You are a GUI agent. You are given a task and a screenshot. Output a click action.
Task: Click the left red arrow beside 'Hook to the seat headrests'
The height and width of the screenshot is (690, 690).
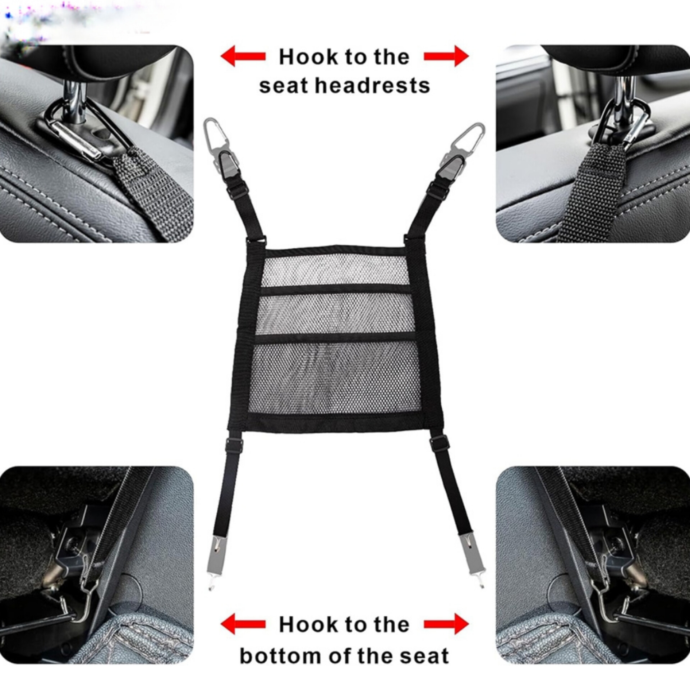click(243, 56)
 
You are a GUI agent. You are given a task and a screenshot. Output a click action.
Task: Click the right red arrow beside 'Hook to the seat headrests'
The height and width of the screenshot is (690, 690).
click(446, 56)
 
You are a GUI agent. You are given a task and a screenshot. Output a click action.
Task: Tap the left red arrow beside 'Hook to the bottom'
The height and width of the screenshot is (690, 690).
click(243, 624)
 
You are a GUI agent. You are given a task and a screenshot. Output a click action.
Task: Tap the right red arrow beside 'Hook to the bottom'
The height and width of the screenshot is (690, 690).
click(446, 624)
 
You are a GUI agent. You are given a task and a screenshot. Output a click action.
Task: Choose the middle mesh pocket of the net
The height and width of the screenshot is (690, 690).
click(335, 315)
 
